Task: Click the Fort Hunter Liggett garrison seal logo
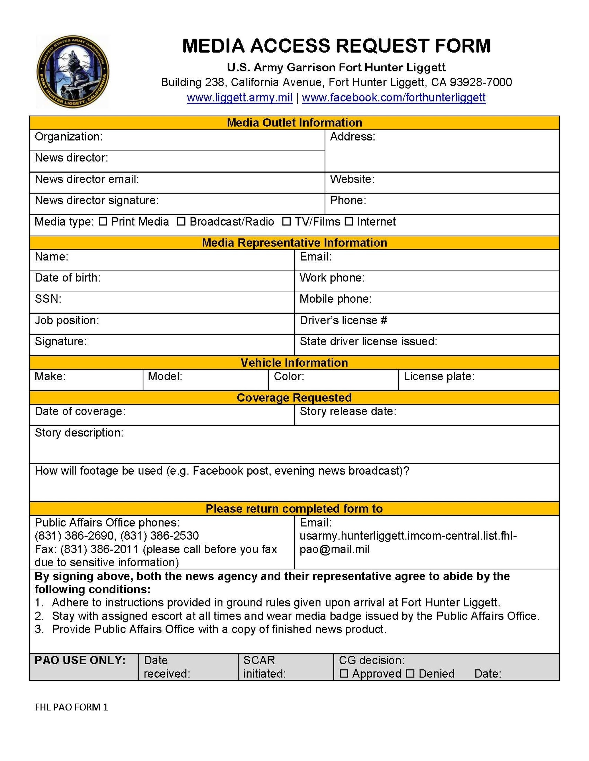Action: point(72,72)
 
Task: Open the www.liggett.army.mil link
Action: point(239,98)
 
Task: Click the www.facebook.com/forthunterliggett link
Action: point(393,98)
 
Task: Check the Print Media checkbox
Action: point(103,222)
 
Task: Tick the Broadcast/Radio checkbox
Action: point(181,222)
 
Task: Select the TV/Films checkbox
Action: point(286,222)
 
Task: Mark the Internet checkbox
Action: point(349,222)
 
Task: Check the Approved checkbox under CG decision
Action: point(344,674)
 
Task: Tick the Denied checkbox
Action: point(410,674)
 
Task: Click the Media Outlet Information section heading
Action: point(294,123)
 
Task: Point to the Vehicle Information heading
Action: point(294,363)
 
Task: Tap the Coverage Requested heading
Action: point(294,398)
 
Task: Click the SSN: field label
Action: point(48,299)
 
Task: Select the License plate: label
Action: point(439,376)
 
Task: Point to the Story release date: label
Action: point(348,411)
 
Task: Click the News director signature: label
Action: point(97,200)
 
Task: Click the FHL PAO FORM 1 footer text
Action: point(72,707)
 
